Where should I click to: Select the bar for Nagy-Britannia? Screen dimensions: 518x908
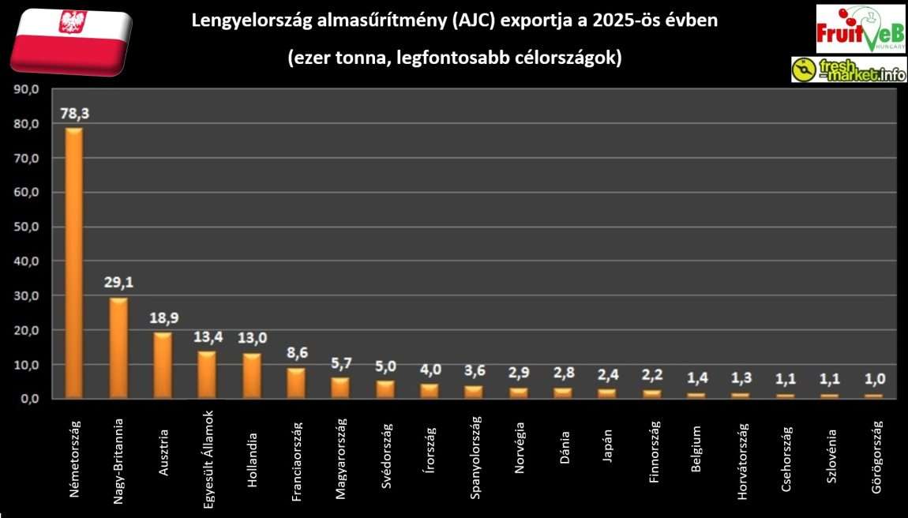[x=118, y=347]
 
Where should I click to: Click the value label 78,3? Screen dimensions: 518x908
[x=74, y=114]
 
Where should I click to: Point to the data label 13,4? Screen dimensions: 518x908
[x=208, y=337]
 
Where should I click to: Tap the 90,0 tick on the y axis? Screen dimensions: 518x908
[x=27, y=90]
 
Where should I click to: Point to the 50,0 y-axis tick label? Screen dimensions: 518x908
[x=27, y=227]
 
